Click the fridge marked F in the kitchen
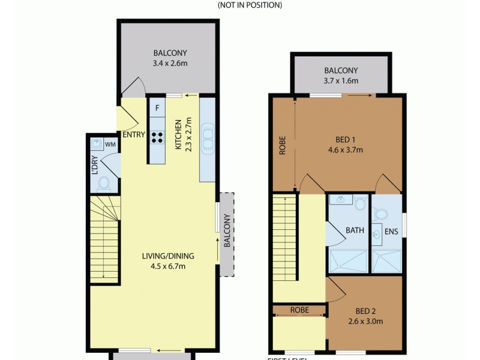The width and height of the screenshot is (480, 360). coord(157,108)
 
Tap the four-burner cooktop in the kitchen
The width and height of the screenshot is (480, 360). coord(157,137)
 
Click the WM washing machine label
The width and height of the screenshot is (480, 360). coord(110,145)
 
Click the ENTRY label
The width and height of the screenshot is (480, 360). coord(133,134)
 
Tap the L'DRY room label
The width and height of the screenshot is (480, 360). coord(94,166)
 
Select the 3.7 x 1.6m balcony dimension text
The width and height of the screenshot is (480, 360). coord(341,81)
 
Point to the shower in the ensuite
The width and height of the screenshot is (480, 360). coord(386,262)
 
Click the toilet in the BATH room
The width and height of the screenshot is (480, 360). coord(360,205)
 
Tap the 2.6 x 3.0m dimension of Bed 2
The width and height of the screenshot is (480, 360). coord(365,321)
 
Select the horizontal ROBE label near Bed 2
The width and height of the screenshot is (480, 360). coord(299,310)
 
